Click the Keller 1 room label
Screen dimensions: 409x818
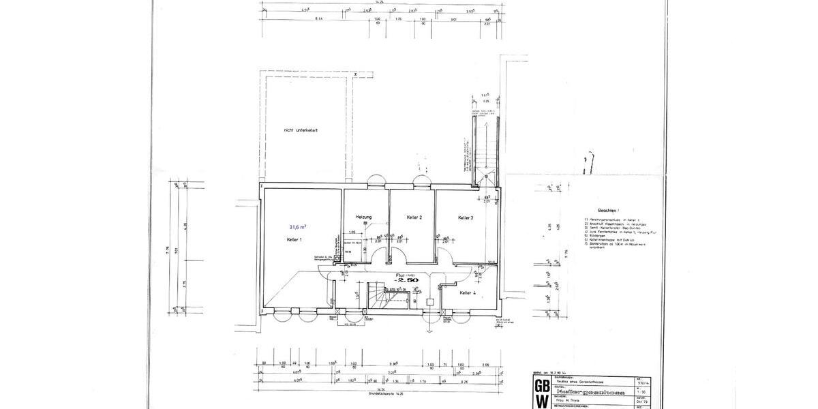click(x=294, y=241)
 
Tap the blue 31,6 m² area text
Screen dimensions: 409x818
click(x=297, y=226)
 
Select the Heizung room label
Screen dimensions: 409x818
click(x=363, y=217)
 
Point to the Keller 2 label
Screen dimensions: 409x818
click(x=414, y=217)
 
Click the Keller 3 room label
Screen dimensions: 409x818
click(x=466, y=217)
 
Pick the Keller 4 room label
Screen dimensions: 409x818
click(x=468, y=292)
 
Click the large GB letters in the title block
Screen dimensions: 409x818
click(x=541, y=385)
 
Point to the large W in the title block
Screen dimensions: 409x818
click(x=541, y=402)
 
